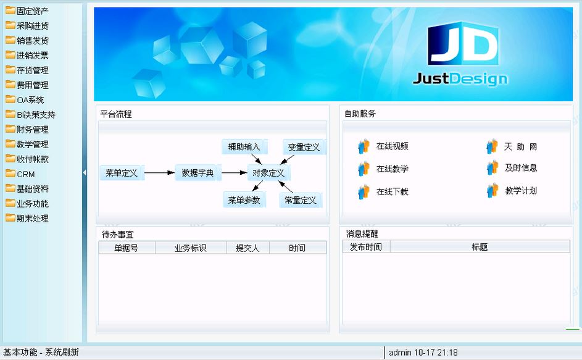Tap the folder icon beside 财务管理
point(10,129)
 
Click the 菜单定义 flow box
point(122,173)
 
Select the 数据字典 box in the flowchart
point(197,173)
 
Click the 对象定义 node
point(268,173)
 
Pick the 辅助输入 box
point(244,147)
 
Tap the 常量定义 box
point(301,200)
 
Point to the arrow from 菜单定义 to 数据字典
point(159,173)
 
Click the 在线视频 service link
point(393,146)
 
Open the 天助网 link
point(521,147)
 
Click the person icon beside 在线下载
point(364,191)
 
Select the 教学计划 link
point(521,191)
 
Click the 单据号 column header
point(127,248)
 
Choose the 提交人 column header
point(247,248)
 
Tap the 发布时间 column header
point(366,246)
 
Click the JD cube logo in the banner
point(463,44)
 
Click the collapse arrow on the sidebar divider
point(85,172)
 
